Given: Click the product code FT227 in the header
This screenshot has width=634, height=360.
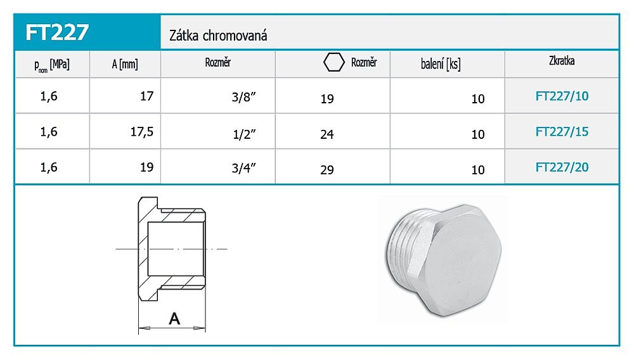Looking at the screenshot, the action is pyautogui.click(x=56, y=32).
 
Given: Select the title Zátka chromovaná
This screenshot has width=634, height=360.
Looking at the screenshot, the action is pyautogui.click(x=218, y=35).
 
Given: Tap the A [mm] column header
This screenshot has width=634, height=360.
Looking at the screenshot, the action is pyautogui.click(x=125, y=64).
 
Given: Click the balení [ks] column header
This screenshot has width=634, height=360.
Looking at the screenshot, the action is pyautogui.click(x=441, y=64).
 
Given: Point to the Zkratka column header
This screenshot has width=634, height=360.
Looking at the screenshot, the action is pyautogui.click(x=562, y=61).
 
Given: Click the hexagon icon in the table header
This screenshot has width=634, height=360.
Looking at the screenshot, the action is pyautogui.click(x=334, y=62).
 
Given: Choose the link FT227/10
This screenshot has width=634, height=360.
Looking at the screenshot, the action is pyautogui.click(x=562, y=96).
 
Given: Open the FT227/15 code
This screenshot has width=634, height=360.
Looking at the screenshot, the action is pyautogui.click(x=562, y=132).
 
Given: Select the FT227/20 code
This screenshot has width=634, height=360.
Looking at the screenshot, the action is pyautogui.click(x=562, y=167).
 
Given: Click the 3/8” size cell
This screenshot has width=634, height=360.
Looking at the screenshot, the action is pyautogui.click(x=244, y=97).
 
